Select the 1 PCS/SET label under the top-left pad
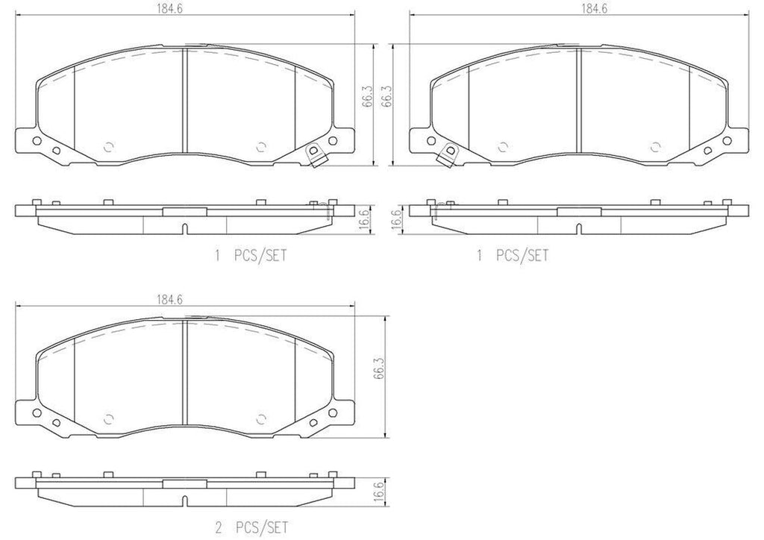(x=251, y=255)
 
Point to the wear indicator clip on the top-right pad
(x=449, y=154)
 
